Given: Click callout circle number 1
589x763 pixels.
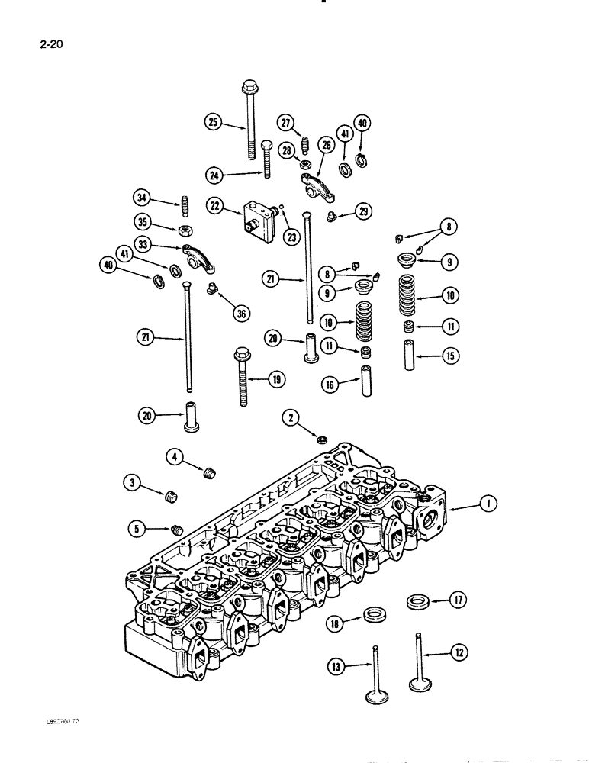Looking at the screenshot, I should (x=488, y=502).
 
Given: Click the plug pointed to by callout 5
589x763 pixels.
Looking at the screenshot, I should (x=177, y=528).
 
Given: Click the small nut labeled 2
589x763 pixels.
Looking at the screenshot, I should (x=323, y=439).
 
